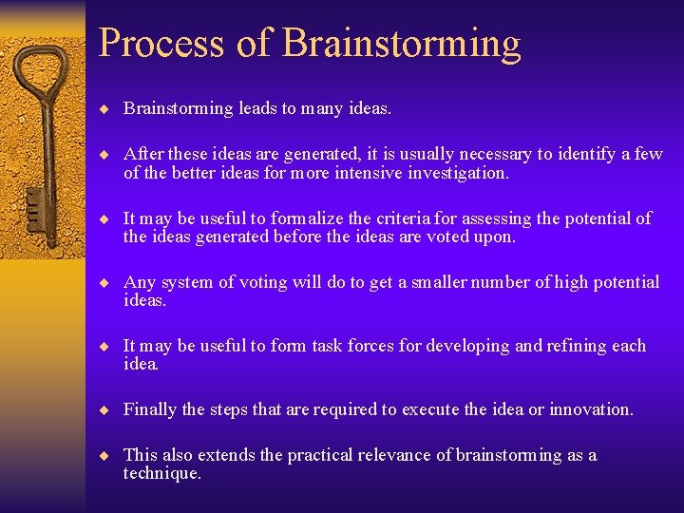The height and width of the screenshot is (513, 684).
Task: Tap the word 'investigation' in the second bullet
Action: point(456,173)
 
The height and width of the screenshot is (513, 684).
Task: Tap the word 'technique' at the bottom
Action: point(160,473)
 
